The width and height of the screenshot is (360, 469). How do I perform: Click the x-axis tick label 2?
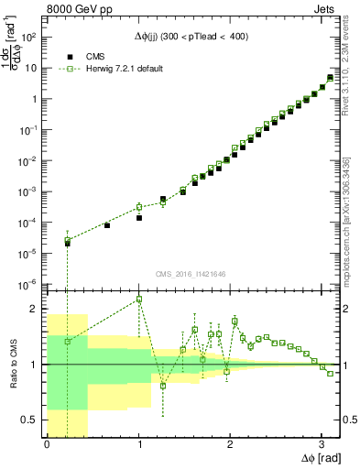[230, 444]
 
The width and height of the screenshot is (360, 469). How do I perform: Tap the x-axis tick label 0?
[47, 444]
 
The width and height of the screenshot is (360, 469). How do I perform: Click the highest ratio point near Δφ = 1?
[139, 300]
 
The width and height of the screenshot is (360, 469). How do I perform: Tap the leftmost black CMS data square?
[68, 244]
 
